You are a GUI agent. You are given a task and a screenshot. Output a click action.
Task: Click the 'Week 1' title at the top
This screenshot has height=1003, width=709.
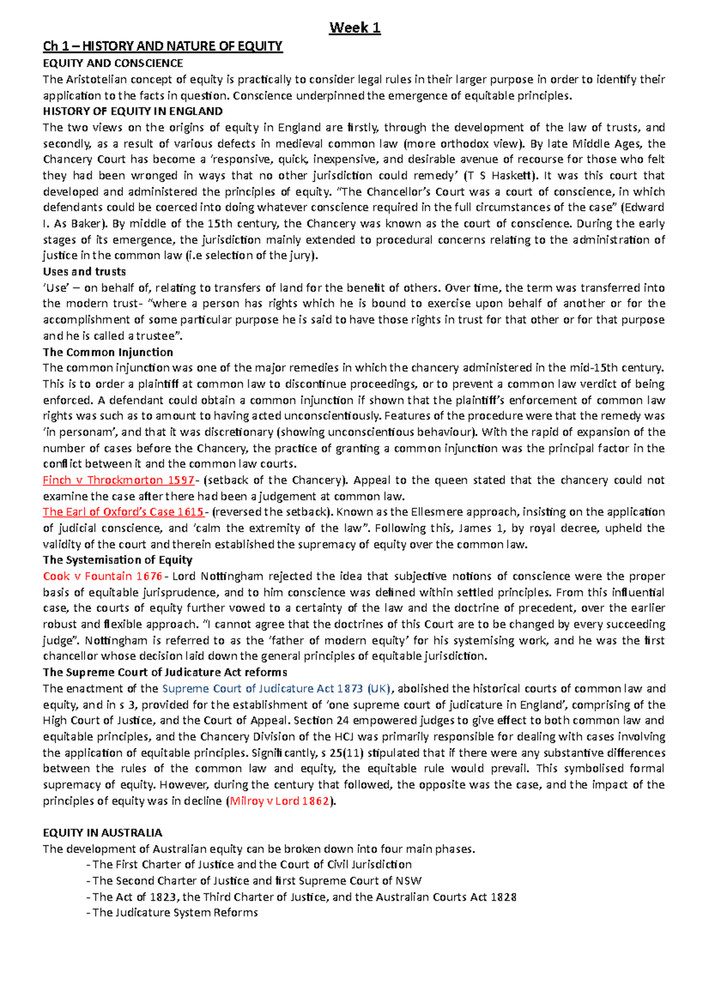pos(354,28)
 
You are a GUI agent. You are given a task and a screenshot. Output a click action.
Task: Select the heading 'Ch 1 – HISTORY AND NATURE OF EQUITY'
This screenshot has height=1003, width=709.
pos(162,46)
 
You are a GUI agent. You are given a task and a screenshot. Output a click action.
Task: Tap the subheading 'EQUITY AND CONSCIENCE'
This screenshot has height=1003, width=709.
pos(113,63)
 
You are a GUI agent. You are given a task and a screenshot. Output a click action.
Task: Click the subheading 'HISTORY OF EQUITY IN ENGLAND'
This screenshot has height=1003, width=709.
pos(132,111)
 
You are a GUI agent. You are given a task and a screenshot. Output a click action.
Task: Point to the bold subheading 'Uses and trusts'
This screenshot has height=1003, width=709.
pos(84,272)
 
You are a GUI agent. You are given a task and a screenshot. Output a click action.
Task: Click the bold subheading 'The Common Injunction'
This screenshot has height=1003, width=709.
pos(108,352)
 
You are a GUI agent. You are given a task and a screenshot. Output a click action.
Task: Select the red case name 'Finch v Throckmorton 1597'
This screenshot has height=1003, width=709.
pos(118,480)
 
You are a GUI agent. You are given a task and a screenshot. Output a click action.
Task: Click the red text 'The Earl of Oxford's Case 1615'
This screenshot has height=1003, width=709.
pos(123,512)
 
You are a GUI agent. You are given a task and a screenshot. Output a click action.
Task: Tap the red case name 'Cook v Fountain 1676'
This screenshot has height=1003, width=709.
pos(102,576)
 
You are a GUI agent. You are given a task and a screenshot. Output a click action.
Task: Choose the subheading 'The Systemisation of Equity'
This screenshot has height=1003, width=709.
pos(118,560)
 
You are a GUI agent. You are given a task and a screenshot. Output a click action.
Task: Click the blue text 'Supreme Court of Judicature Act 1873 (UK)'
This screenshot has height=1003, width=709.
pos(276,688)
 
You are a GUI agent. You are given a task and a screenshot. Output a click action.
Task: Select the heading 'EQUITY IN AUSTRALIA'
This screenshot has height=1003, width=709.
pos(102,833)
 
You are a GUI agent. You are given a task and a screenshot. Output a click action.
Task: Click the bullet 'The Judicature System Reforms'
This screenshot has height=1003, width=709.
pos(175,913)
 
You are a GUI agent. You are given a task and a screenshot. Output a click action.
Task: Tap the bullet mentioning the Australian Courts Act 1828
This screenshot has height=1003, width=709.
pos(304,897)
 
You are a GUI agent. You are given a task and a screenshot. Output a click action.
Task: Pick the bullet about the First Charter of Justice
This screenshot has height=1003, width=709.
pos(252,865)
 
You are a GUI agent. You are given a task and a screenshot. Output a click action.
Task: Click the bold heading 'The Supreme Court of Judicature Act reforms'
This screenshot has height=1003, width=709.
pos(165,672)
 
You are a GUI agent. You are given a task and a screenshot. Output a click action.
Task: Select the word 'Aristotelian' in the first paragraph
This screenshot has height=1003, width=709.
pos(103,79)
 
